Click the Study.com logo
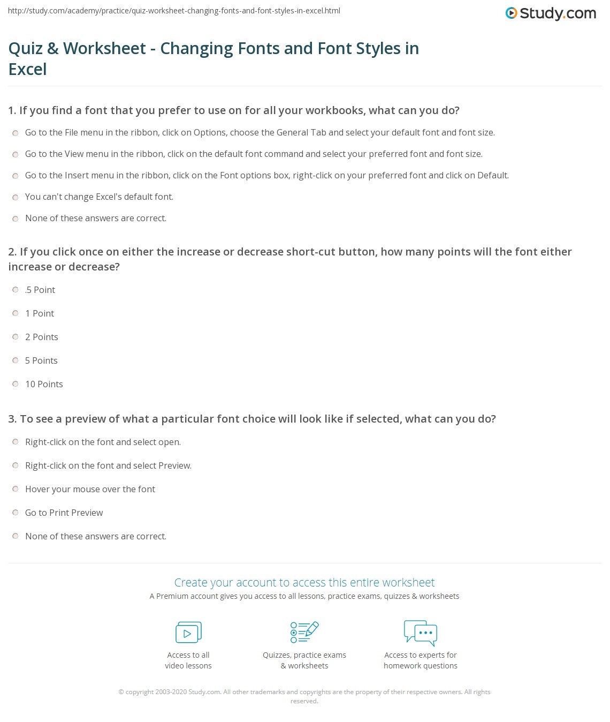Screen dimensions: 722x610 click(551, 13)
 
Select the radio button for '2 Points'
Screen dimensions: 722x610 click(16, 337)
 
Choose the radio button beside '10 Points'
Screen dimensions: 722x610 click(16, 384)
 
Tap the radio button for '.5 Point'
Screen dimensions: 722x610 click(16, 290)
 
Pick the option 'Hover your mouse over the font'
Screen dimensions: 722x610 click(90, 489)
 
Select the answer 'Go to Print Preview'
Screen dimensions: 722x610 click(64, 513)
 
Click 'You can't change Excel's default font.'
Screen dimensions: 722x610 click(99, 197)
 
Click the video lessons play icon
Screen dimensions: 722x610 click(188, 633)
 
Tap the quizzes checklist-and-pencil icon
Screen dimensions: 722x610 click(304, 632)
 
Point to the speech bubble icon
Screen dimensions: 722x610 click(421, 632)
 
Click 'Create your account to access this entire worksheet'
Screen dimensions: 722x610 click(304, 582)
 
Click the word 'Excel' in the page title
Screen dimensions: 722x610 click(28, 69)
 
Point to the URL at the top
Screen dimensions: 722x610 click(174, 11)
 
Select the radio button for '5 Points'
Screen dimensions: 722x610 click(16, 360)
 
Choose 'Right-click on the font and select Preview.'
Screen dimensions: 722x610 click(108, 465)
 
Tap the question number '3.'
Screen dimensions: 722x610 click(13, 419)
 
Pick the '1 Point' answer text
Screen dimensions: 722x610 click(40, 313)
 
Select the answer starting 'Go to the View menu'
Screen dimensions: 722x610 click(254, 154)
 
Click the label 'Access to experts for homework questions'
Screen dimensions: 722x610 click(421, 660)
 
